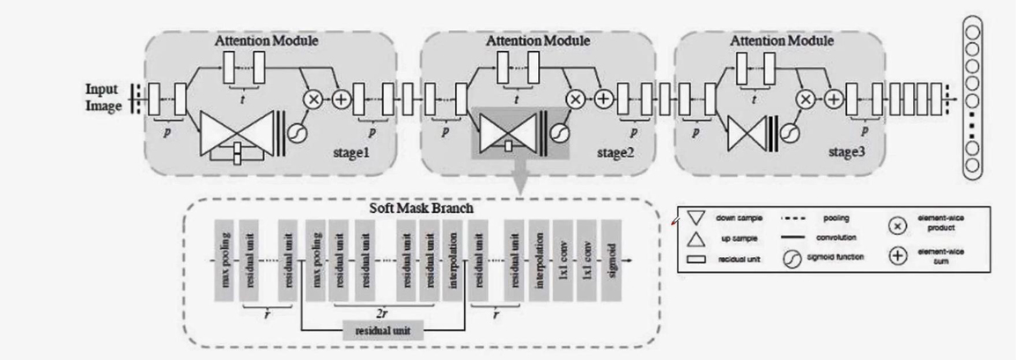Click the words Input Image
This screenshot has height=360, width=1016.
103,99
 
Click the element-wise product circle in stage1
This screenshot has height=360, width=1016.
313,99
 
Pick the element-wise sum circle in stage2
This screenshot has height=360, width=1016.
603,99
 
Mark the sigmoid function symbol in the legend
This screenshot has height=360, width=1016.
792,257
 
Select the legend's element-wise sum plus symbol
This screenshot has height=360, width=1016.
898,257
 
